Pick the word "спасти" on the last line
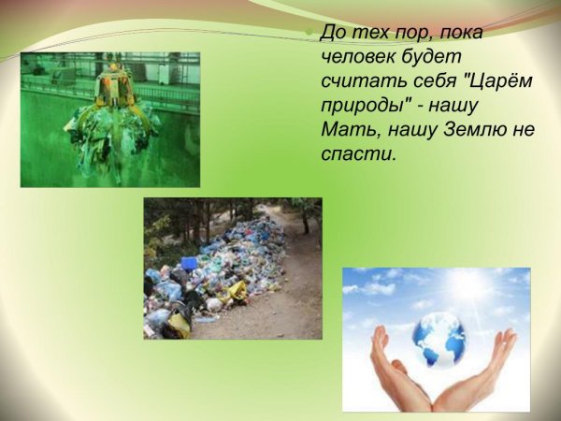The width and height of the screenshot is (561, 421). pyautogui.click(x=358, y=154)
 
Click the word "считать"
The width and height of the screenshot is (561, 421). pyautogui.click(x=364, y=81)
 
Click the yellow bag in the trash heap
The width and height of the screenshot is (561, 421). pyautogui.click(x=233, y=291)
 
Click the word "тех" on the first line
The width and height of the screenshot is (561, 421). pyautogui.click(x=365, y=34)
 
